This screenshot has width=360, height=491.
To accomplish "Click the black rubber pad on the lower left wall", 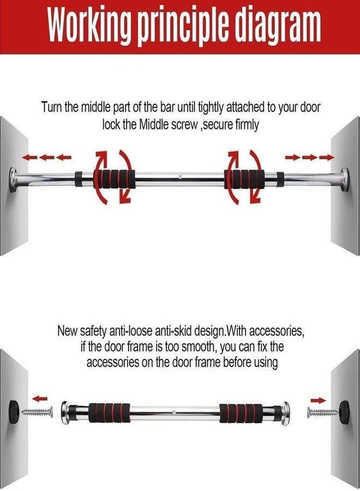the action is [x=14, y=407].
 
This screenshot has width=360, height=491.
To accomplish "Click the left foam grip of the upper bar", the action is [x=113, y=179].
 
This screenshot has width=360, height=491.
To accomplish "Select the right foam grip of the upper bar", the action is [x=244, y=179].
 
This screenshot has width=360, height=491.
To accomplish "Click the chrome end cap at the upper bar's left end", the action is [x=14, y=180].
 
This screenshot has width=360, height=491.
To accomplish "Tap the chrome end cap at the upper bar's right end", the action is [x=345, y=180].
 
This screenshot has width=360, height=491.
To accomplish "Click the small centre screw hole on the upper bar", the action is [x=180, y=177].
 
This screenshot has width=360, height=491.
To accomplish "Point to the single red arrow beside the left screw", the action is [x=40, y=399].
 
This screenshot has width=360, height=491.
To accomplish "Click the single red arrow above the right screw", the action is [x=318, y=400].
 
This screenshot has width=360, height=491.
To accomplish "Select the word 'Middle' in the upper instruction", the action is [x=154, y=125].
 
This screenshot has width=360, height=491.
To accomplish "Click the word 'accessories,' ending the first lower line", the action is [x=277, y=331].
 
